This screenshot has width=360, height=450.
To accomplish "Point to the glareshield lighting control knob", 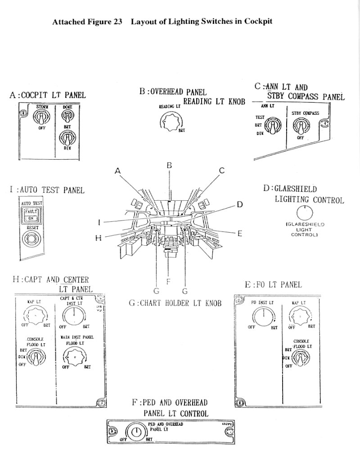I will pos(305,213).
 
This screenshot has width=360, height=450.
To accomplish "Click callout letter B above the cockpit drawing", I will pos(169,166).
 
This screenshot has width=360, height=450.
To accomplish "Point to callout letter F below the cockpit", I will pos(168,282).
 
